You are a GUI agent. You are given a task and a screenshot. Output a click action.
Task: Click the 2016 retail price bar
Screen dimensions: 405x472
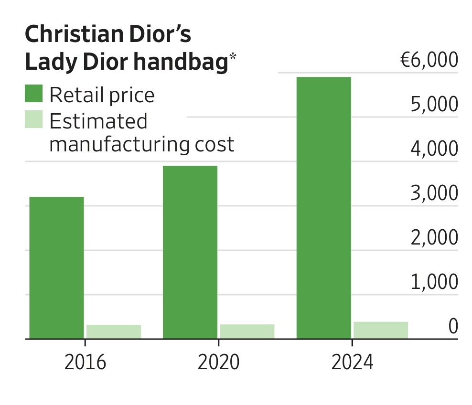(57, 267)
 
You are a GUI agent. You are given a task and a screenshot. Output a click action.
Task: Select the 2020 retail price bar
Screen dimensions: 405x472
(190, 252)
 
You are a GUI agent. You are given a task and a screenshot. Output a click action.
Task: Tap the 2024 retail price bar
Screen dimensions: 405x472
(324, 208)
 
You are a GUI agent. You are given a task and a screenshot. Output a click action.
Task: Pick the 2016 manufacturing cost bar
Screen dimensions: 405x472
(114, 331)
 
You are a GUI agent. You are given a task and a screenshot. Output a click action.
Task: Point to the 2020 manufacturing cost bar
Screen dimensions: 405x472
(247, 331)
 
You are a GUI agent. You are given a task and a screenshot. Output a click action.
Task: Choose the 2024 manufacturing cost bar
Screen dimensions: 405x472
(381, 330)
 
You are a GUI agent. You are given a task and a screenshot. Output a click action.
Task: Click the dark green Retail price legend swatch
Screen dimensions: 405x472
(33, 94)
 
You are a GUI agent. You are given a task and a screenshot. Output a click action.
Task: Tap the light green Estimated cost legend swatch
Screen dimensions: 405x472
(33, 119)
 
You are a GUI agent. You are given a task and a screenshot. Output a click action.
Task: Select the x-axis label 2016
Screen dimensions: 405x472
(85, 363)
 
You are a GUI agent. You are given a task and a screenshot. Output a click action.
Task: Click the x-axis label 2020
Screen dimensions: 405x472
(218, 363)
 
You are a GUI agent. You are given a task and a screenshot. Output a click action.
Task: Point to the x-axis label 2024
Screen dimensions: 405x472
(352, 363)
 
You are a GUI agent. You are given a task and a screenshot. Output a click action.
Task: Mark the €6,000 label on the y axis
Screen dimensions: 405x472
(429, 61)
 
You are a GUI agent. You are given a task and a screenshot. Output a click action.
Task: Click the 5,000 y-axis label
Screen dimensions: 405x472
(434, 105)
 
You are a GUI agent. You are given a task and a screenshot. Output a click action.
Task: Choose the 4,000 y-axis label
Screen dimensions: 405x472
(434, 149)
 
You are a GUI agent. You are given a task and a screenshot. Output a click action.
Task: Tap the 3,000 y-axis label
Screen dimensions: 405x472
(434, 194)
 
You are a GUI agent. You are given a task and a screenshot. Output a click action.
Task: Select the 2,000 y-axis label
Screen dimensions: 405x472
(434, 238)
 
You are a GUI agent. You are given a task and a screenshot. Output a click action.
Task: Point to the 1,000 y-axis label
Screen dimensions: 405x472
(434, 283)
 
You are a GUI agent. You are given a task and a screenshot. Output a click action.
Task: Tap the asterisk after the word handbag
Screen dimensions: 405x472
(233, 57)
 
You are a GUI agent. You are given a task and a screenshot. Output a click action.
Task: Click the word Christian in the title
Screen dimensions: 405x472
(65, 35)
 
